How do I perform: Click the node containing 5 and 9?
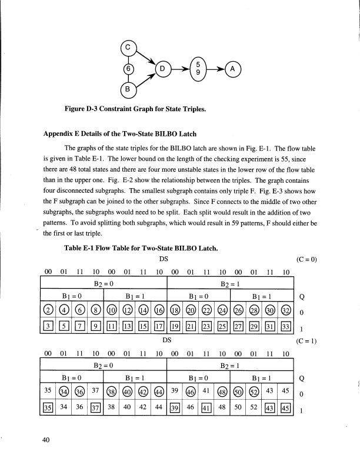(x=199, y=69)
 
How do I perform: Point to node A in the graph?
(x=234, y=69)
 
